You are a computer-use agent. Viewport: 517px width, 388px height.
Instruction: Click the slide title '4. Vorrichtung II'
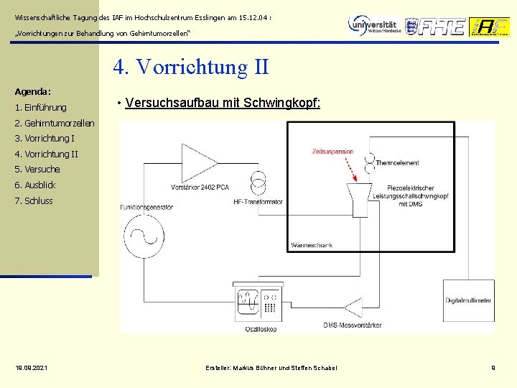pyautogui.click(x=191, y=67)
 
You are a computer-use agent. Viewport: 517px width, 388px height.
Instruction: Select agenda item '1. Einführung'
pyautogui.click(x=40, y=108)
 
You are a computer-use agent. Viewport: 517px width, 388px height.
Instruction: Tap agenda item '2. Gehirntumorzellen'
pyautogui.click(x=55, y=123)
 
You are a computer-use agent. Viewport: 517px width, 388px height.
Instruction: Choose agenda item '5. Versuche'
pyautogui.click(x=37, y=170)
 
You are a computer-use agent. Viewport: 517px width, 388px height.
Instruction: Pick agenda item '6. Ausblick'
pyautogui.click(x=35, y=185)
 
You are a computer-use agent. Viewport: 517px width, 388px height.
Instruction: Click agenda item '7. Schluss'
pyautogui.click(x=34, y=201)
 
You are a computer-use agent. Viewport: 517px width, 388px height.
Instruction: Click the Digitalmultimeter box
pyautogui.click(x=468, y=300)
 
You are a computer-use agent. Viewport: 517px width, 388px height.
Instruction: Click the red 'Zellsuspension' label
pyautogui.click(x=332, y=152)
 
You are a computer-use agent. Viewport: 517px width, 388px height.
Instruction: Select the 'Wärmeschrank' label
pyautogui.click(x=311, y=245)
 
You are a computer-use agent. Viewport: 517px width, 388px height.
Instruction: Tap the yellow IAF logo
pyautogui.click(x=489, y=27)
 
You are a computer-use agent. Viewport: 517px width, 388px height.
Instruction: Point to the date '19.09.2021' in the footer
pyautogui.click(x=32, y=368)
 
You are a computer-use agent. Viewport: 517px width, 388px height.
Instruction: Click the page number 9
pyautogui.click(x=493, y=368)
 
